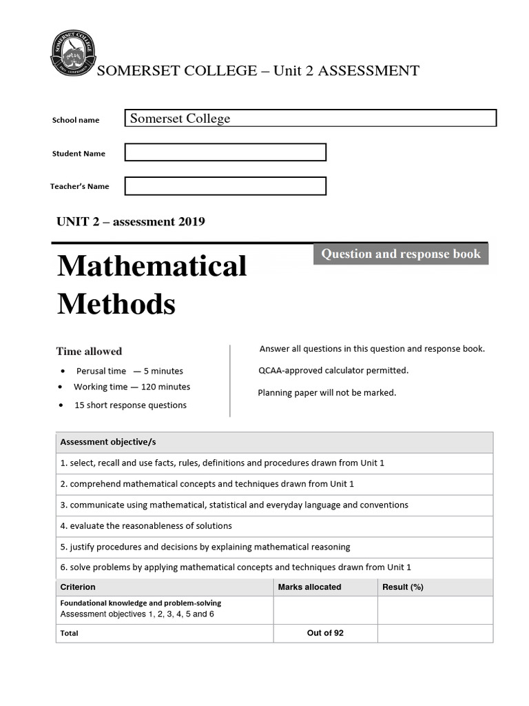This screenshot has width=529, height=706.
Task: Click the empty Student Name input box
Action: click(225, 152)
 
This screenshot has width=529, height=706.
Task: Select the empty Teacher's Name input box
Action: click(225, 186)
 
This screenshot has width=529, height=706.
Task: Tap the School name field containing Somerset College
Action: click(310, 119)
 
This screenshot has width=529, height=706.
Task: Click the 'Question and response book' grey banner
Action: click(401, 254)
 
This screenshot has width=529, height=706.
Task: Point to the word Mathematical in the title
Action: click(152, 266)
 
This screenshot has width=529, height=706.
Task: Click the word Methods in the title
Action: click(116, 303)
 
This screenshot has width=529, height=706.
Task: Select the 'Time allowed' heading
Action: click(89, 351)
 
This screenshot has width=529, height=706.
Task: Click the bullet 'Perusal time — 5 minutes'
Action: click(129, 371)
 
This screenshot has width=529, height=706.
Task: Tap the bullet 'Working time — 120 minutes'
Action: click(132, 387)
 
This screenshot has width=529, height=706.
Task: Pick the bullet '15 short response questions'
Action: click(130, 405)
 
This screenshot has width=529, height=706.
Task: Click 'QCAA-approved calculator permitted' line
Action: click(333, 370)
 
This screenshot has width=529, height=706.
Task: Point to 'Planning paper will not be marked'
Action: click(327, 392)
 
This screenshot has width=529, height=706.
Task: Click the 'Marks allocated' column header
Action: click(309, 587)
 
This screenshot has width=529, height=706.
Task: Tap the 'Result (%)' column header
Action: click(402, 587)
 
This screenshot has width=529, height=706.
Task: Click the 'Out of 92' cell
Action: click(325, 633)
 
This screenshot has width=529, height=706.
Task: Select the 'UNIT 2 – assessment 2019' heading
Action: click(131, 221)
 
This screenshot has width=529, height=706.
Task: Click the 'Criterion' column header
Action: click(78, 587)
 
